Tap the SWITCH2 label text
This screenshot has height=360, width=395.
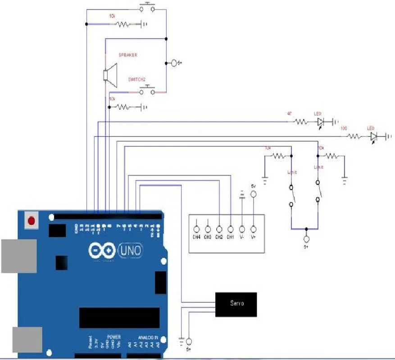(x=137, y=79)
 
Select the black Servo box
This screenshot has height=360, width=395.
(x=236, y=304)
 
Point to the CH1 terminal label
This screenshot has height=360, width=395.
(x=230, y=237)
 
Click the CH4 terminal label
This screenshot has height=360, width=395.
(x=196, y=237)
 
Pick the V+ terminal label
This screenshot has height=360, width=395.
(x=253, y=237)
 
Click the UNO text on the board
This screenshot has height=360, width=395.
(x=130, y=250)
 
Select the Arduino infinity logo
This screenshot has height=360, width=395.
(x=102, y=250)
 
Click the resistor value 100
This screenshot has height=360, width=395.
(x=344, y=128)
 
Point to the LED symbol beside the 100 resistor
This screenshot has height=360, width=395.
(x=373, y=136)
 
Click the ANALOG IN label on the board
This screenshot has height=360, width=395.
(x=148, y=337)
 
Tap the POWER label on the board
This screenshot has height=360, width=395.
(x=114, y=337)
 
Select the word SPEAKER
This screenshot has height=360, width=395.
(x=128, y=55)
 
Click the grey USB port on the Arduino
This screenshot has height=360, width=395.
(x=18, y=256)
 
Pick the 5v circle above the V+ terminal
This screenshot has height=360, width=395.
(x=253, y=194)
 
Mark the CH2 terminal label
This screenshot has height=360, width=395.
(x=219, y=237)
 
